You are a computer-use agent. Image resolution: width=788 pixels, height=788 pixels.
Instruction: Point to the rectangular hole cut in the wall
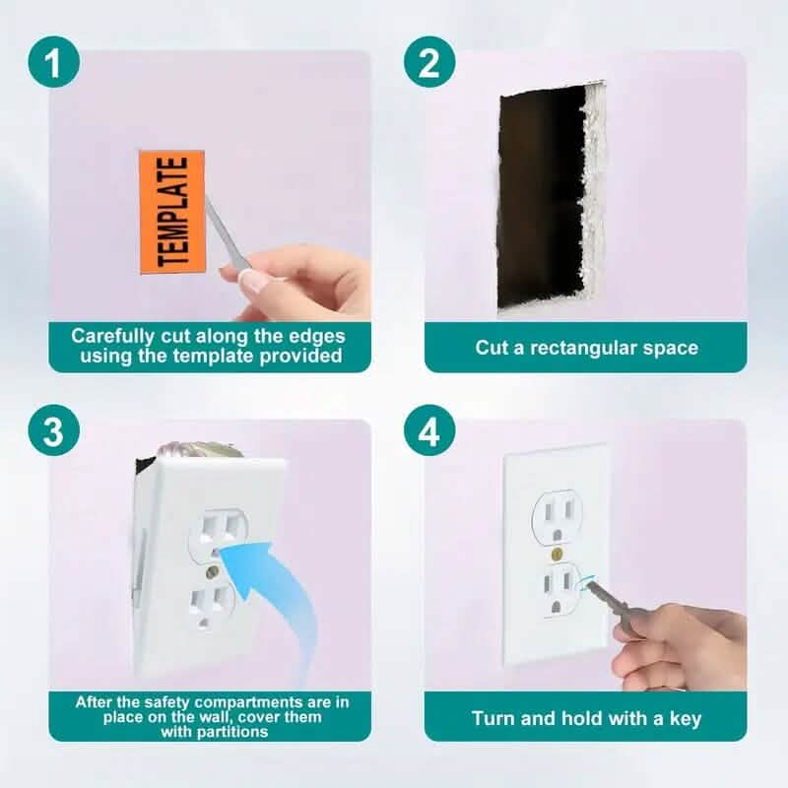542,197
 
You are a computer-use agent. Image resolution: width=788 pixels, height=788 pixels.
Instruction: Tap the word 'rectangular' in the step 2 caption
587,347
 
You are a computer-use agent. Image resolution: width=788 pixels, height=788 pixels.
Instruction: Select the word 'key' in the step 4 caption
685,718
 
